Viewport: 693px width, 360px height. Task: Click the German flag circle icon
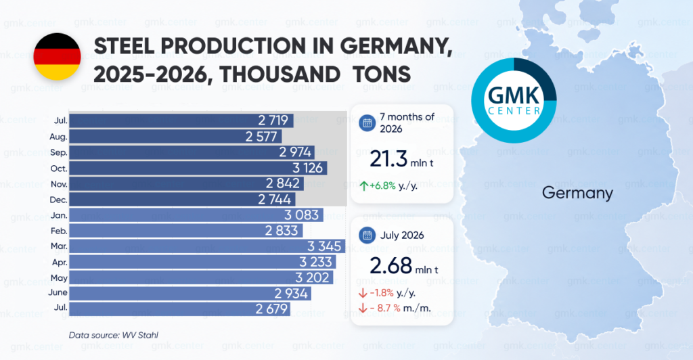57,57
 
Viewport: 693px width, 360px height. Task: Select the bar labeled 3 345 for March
207,246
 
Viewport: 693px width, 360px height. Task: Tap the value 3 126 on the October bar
308,168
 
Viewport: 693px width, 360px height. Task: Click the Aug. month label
58,137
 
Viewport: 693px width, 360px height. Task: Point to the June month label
58,292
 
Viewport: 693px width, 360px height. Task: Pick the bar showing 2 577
175,137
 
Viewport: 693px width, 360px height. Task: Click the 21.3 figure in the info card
388,159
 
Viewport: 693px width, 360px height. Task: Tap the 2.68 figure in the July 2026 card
390,266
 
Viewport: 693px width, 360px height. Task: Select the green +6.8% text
383,186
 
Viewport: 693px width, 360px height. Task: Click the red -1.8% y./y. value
392,293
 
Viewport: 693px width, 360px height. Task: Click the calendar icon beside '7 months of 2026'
367,122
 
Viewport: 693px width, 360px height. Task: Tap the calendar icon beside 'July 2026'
367,235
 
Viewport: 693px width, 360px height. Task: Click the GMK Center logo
514,100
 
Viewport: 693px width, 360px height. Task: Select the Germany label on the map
577,193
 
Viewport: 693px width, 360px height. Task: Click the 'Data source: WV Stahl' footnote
114,335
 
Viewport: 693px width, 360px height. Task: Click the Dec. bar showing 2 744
182,199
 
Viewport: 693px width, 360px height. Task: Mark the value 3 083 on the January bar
301,215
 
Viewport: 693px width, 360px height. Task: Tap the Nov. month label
59,184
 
